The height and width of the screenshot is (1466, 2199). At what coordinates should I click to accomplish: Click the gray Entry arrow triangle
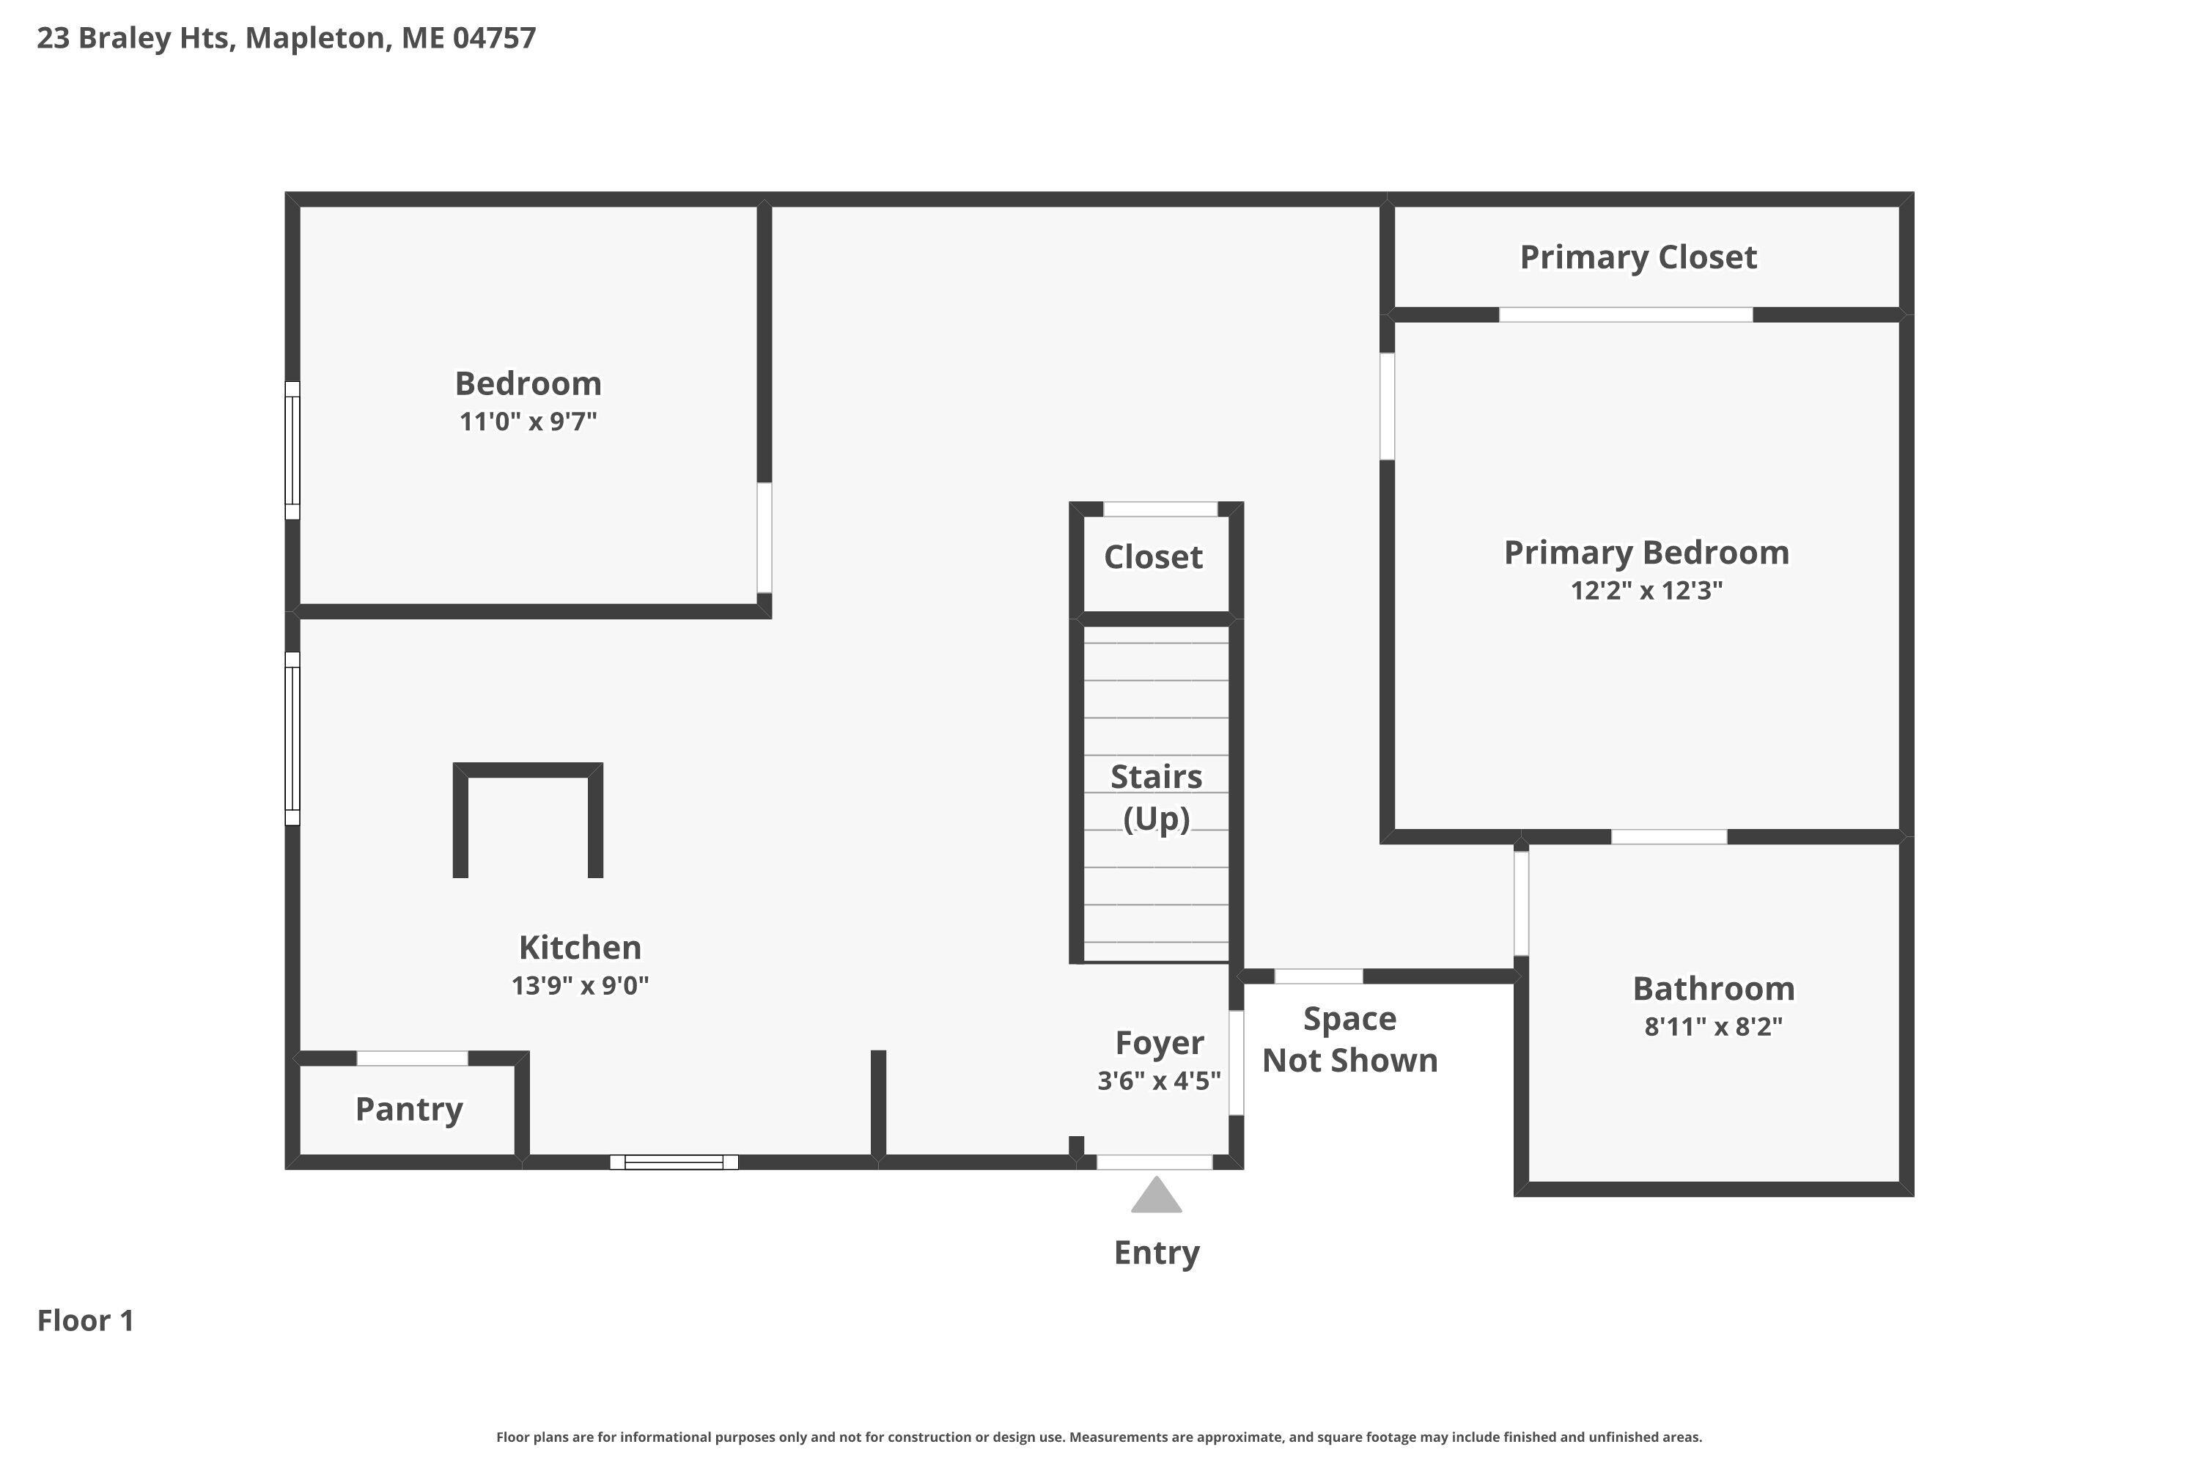tap(1157, 1196)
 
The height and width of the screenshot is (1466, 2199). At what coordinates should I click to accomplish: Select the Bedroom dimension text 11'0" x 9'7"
tap(528, 421)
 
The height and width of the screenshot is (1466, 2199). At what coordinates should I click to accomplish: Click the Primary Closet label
tap(1638, 257)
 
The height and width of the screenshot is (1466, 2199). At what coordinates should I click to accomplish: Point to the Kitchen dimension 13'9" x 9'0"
tap(580, 985)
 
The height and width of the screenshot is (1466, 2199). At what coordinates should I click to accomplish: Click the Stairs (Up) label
tap(1157, 798)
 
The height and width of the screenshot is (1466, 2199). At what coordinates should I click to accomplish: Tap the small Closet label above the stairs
tap(1153, 557)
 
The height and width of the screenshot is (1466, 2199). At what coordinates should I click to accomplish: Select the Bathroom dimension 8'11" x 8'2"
tap(1714, 1027)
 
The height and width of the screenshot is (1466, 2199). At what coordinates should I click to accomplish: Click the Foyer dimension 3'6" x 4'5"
tap(1160, 1080)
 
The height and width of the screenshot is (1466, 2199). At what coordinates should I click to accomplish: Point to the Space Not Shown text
tap(1350, 1039)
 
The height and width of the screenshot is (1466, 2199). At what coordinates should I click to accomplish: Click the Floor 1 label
tap(86, 1320)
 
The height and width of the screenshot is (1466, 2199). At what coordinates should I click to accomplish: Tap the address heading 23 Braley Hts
tap(135, 38)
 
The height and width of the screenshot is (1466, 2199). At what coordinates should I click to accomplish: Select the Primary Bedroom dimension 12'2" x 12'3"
tap(1646, 591)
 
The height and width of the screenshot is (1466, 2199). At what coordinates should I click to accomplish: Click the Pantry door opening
tap(412, 1058)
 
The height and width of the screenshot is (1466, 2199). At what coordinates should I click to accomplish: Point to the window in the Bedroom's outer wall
tap(292, 451)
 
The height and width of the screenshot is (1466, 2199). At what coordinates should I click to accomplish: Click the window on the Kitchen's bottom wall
tap(674, 1162)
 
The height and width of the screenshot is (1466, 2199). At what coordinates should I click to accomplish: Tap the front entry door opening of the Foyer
tap(1154, 1162)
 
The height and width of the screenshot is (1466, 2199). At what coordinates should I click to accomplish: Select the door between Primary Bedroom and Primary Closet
tap(1626, 315)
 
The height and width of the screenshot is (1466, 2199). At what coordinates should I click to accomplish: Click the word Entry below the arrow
tap(1157, 1253)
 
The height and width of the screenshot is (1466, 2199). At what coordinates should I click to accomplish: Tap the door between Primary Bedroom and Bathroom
tap(1669, 837)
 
